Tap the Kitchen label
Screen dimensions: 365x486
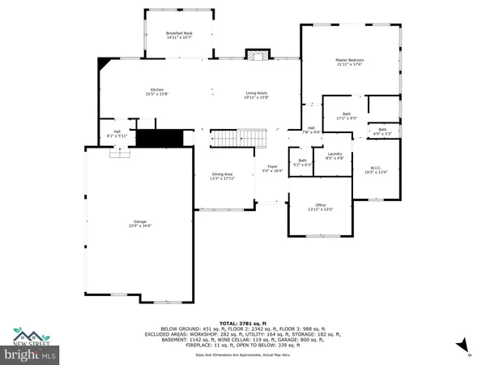tap(156, 92)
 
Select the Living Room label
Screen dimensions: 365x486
tap(257, 96)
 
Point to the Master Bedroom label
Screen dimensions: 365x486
tap(350, 62)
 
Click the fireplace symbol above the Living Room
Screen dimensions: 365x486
tap(258, 56)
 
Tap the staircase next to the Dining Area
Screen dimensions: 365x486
tap(239, 140)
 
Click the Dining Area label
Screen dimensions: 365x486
tap(222, 176)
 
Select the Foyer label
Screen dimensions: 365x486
tap(273, 169)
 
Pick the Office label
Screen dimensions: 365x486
tap(321, 207)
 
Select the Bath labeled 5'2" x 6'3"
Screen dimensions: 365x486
tap(302, 161)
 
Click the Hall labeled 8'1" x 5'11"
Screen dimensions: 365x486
tap(117, 134)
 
